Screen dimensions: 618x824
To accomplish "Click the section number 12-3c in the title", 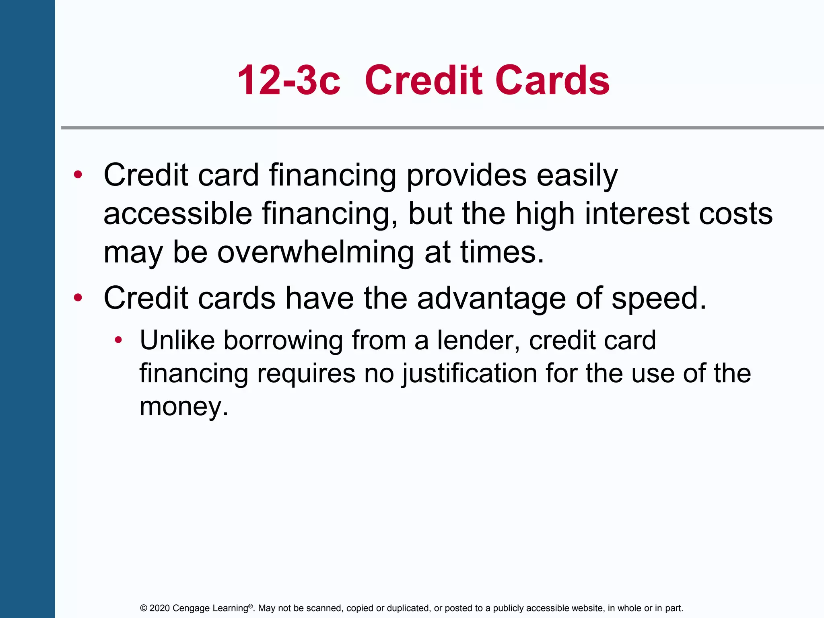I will point(288,80).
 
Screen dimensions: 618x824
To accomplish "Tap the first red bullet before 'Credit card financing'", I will point(78,175).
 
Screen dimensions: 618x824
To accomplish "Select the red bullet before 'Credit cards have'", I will point(78,298).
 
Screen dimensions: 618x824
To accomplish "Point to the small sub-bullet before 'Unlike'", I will point(118,340).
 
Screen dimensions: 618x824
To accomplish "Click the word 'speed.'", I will point(659,299).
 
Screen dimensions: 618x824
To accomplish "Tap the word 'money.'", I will point(184,406).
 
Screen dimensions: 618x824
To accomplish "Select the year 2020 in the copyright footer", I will point(159,608).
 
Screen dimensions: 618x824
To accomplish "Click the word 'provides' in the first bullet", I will point(466,176).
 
